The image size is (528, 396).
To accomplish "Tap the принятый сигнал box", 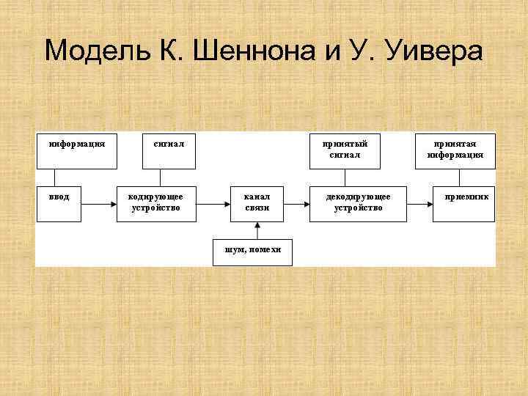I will point(345,150).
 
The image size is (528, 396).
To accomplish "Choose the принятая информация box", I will point(455,150).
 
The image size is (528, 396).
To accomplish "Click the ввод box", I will point(59,202).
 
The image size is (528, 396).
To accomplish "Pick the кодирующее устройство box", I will point(155,202).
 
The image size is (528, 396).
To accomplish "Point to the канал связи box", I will point(257,202).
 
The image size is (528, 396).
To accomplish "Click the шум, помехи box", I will point(252,251).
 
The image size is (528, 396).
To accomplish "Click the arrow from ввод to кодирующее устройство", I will point(98,203).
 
